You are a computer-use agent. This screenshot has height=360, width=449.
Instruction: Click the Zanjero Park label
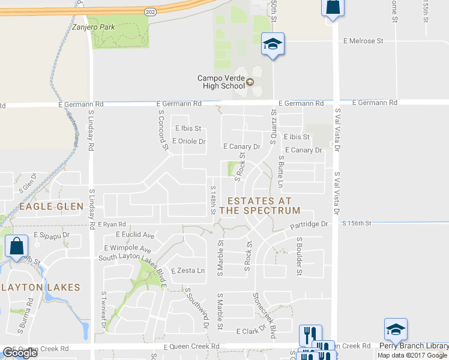click(x=92, y=26)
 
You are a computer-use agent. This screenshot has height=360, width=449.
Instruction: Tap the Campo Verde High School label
click(x=221, y=82)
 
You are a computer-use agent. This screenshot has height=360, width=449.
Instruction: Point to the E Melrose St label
click(x=363, y=41)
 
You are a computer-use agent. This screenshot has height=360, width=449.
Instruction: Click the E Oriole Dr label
click(x=188, y=142)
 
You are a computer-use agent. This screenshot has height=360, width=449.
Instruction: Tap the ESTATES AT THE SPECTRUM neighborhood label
click(x=259, y=206)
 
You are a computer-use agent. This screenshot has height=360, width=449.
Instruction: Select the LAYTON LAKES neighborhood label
click(x=40, y=287)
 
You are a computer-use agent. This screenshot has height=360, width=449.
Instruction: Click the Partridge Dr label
click(x=309, y=224)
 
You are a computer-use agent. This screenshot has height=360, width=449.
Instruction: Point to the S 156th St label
click(x=357, y=223)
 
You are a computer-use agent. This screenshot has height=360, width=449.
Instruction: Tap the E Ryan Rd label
click(x=112, y=224)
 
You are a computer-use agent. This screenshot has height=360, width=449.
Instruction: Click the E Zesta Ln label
click(x=188, y=271)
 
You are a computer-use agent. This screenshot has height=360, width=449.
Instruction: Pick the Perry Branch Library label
click(x=414, y=346)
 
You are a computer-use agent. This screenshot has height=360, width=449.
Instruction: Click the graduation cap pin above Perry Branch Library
click(x=396, y=329)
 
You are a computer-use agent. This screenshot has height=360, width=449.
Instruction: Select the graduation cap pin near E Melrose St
click(x=273, y=44)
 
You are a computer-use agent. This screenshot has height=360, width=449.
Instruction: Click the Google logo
click(x=20, y=353)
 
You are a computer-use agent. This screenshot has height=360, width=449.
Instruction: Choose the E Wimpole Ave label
click(x=127, y=248)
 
